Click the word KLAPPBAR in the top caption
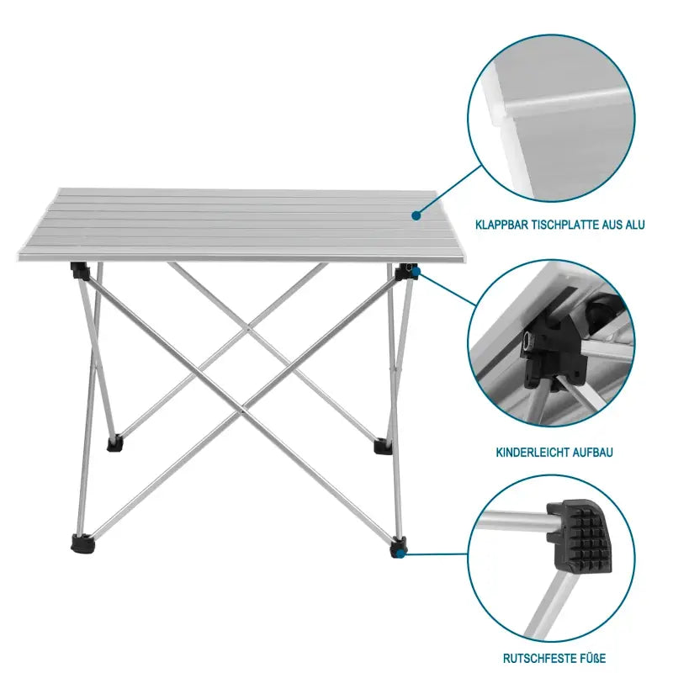click(x=502, y=225)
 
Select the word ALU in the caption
click(x=635, y=225)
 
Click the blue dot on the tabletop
click(x=416, y=216)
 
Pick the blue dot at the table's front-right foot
click(x=400, y=554)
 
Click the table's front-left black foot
click(x=82, y=545)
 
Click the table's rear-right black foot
click(x=381, y=445)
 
